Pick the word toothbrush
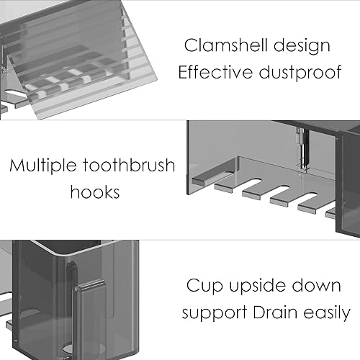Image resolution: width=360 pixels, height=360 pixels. coord(135,166)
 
